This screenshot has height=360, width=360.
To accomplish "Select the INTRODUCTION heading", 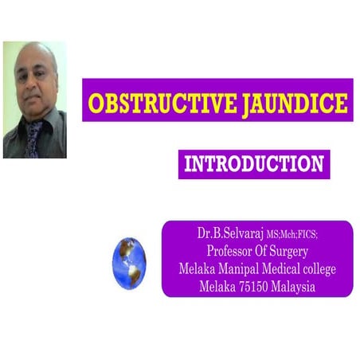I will pyautogui.click(x=253, y=166).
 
